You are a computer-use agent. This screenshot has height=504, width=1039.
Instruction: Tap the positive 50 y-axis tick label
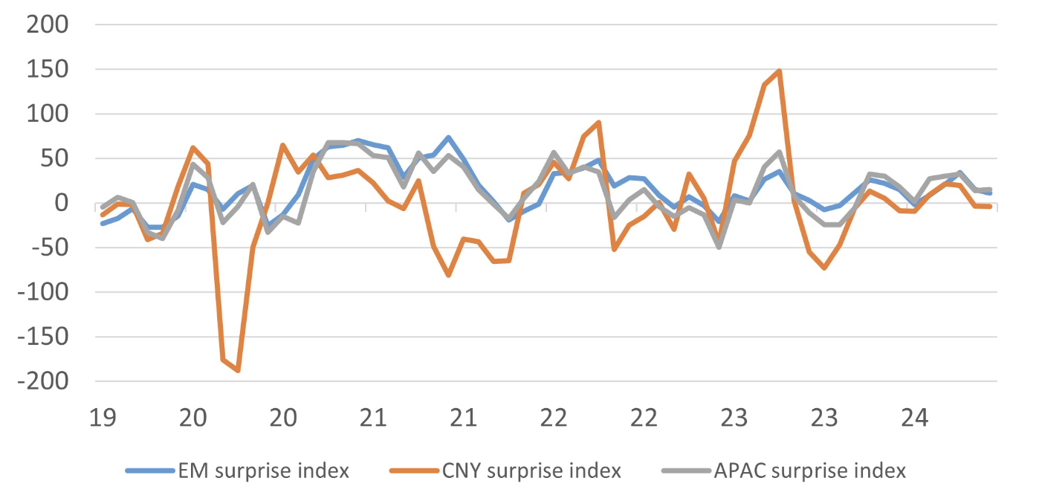click(x=55, y=158)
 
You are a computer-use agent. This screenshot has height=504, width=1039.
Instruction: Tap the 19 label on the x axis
click(x=103, y=419)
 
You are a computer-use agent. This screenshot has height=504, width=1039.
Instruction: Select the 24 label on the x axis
click(x=914, y=419)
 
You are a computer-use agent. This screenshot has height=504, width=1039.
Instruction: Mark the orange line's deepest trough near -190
click(x=238, y=370)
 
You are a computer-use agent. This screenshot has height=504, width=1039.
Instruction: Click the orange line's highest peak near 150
click(x=779, y=71)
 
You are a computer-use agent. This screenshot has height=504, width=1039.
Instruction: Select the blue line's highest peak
click(x=449, y=138)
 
